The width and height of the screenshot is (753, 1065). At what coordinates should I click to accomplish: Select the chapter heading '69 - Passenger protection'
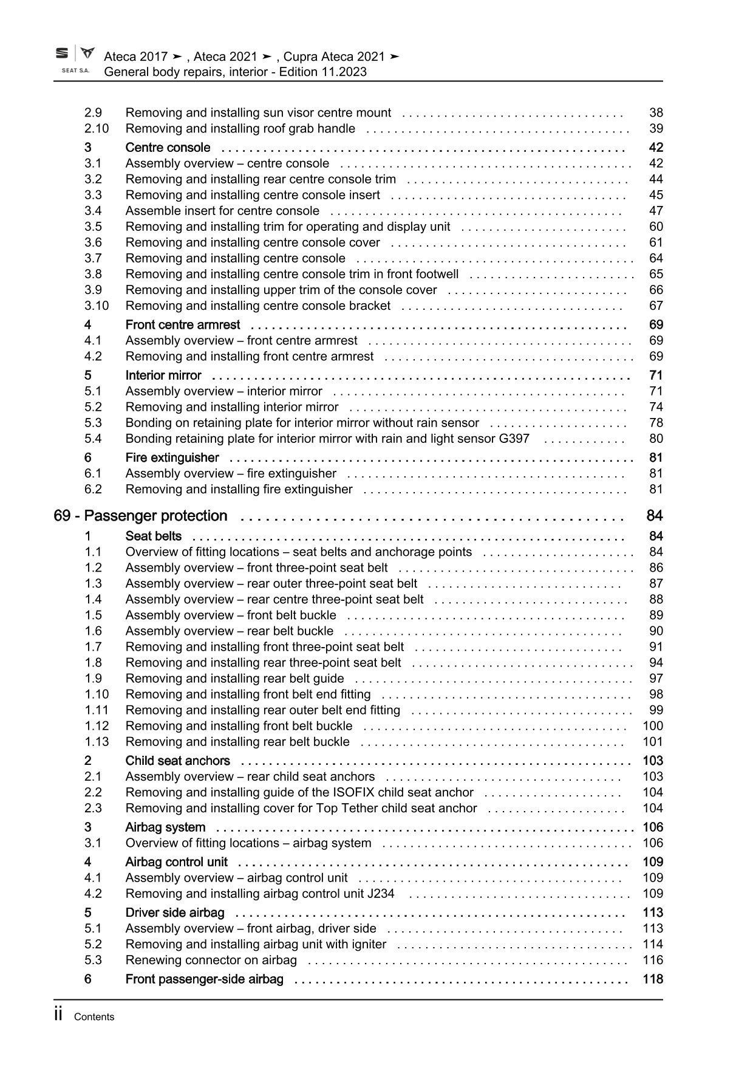pyautogui.click(x=140, y=516)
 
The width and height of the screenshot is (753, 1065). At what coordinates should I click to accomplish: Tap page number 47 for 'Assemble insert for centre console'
pyautogui.click(x=656, y=211)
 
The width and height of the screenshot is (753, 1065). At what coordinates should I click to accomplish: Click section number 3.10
pyautogui.click(x=97, y=306)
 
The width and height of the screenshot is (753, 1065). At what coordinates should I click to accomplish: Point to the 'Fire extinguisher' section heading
pyautogui.click(x=172, y=457)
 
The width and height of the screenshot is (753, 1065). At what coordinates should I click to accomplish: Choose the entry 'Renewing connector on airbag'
pyautogui.click(x=211, y=960)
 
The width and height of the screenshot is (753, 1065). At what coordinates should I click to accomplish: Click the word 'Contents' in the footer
pyautogui.click(x=94, y=1017)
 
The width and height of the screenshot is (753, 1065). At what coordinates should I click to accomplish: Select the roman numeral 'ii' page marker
pyautogui.click(x=59, y=1015)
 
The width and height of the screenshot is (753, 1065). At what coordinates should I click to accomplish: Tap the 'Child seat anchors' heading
pyautogui.click(x=177, y=761)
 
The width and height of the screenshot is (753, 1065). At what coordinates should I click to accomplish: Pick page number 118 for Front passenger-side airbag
pyautogui.click(x=653, y=979)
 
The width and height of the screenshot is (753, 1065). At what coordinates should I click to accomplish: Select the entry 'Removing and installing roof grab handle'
pyautogui.click(x=240, y=128)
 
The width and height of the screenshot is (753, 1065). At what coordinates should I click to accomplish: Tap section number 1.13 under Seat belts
pyautogui.click(x=97, y=742)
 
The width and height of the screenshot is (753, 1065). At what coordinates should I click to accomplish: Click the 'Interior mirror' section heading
pyautogui.click(x=163, y=375)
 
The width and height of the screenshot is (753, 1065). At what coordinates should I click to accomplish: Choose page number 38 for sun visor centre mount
pyautogui.click(x=656, y=112)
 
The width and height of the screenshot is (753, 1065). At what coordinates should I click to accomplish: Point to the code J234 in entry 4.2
pyautogui.click(x=380, y=894)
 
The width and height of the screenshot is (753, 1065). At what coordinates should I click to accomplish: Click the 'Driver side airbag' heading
pyautogui.click(x=174, y=913)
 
